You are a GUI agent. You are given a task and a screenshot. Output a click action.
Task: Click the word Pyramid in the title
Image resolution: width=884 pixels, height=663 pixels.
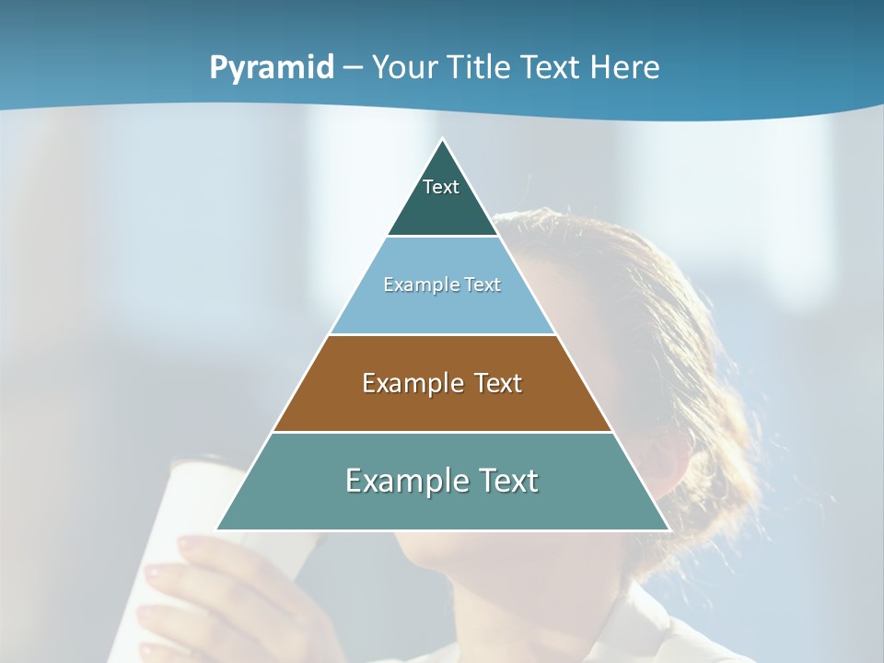[272, 68]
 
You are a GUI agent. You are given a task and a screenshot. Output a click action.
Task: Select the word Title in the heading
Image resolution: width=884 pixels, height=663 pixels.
[483, 68]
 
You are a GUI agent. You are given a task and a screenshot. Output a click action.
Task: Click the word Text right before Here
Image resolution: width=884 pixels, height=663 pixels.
[551, 68]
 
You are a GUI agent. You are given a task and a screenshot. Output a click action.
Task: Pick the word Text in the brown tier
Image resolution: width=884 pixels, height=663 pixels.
[498, 384]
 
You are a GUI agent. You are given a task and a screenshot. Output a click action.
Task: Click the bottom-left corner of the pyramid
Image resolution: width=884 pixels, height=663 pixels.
[217, 529]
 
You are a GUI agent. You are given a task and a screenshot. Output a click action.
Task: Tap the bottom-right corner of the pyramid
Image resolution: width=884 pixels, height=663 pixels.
[669, 529]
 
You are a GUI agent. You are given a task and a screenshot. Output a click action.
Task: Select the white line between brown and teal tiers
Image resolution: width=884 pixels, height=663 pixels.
[442, 432]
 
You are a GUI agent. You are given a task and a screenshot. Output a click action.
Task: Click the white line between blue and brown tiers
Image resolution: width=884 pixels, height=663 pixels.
[442, 334]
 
